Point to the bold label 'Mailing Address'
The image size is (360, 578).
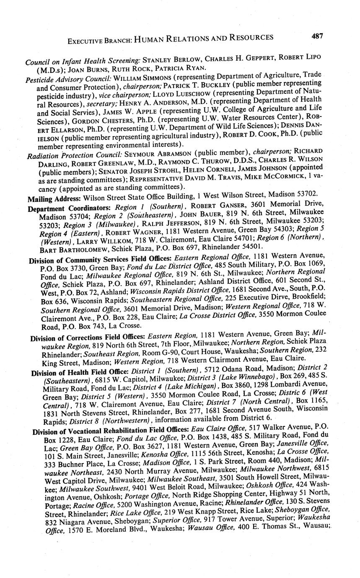(x=54, y=198)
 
